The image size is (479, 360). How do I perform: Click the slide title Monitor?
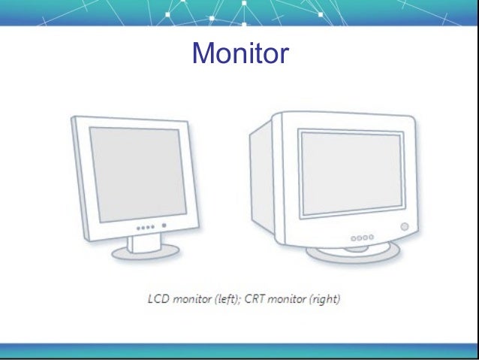(x=239, y=53)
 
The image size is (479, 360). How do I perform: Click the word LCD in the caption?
(x=158, y=300)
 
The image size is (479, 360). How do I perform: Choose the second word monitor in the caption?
(x=291, y=300)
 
